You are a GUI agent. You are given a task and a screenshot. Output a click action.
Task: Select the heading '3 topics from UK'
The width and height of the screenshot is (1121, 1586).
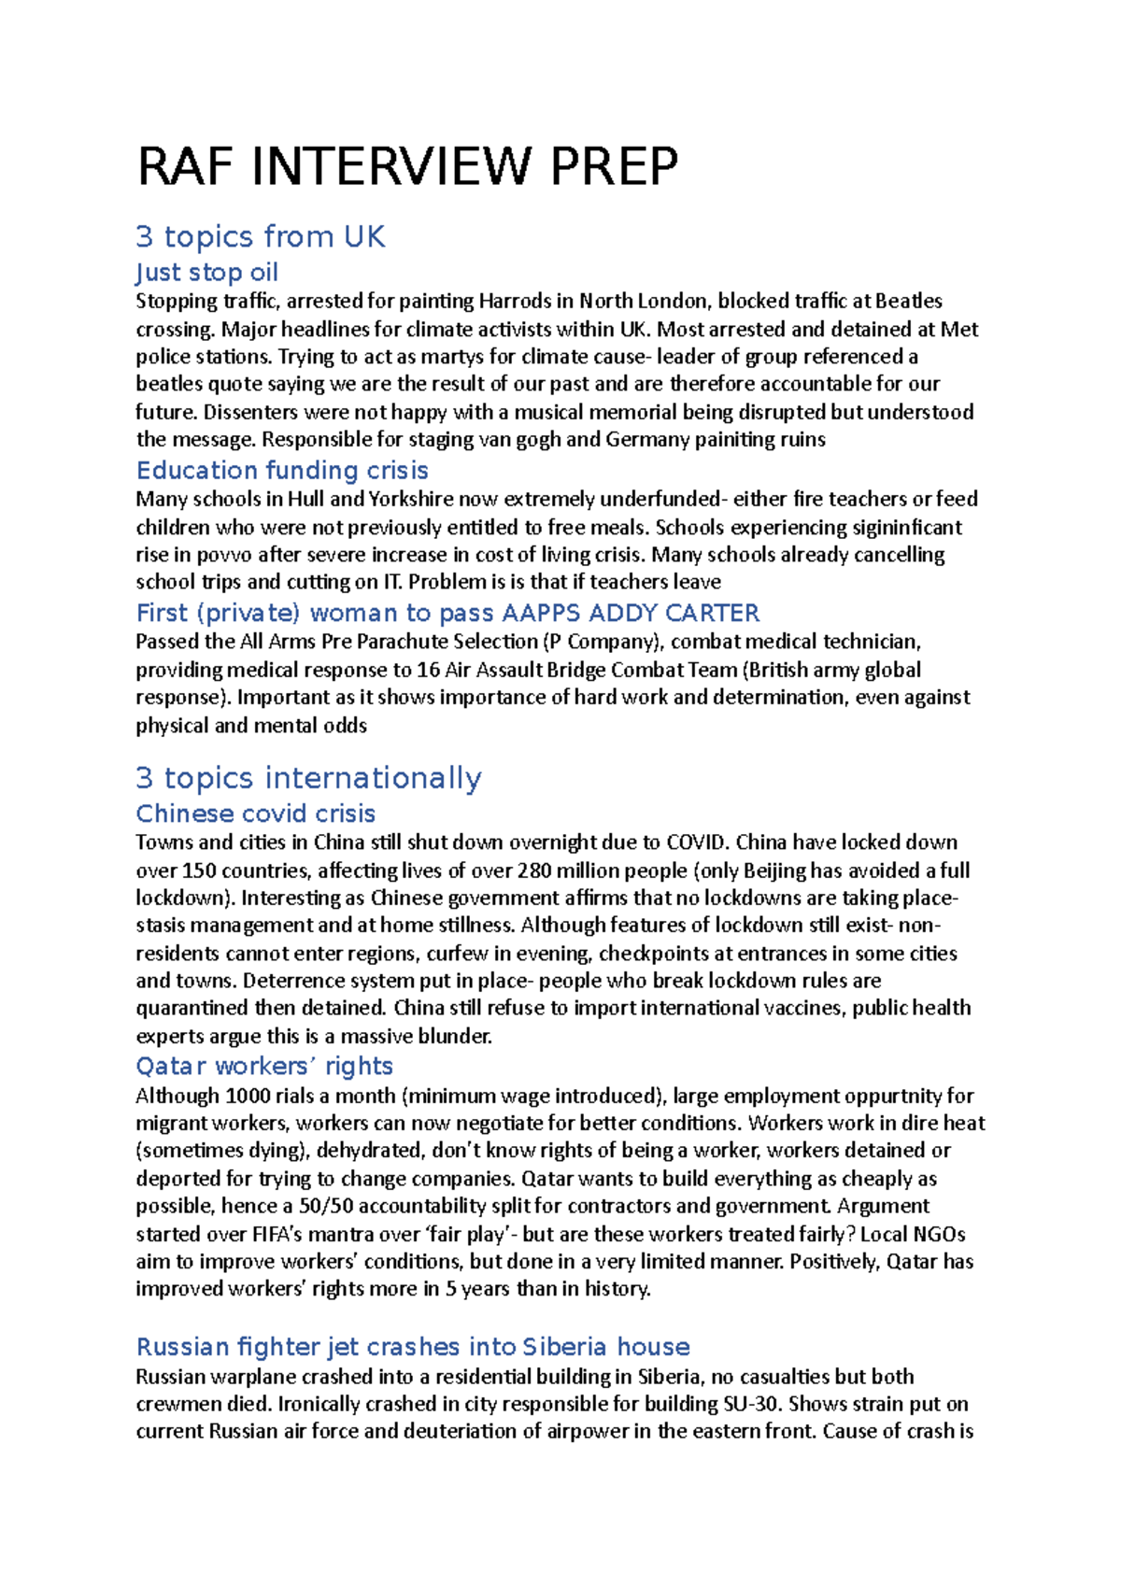260,237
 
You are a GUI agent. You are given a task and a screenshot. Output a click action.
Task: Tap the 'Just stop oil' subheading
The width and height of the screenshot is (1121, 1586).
206,273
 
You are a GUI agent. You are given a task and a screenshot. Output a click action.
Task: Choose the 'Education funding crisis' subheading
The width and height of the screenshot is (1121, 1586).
282,470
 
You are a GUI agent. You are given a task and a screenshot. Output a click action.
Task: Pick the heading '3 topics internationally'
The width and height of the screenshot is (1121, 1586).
308,778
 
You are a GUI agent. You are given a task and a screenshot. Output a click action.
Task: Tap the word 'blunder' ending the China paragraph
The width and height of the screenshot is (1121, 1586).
454,1036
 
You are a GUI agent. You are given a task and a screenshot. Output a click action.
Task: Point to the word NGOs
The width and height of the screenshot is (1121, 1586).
939,1234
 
